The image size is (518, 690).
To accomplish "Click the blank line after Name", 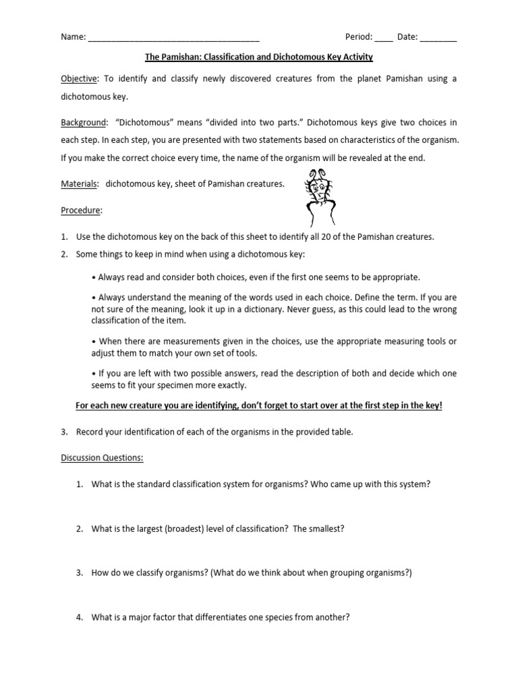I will [173, 38].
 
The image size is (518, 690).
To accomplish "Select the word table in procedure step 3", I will [343, 432].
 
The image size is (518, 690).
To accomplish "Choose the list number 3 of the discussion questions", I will [79, 573].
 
